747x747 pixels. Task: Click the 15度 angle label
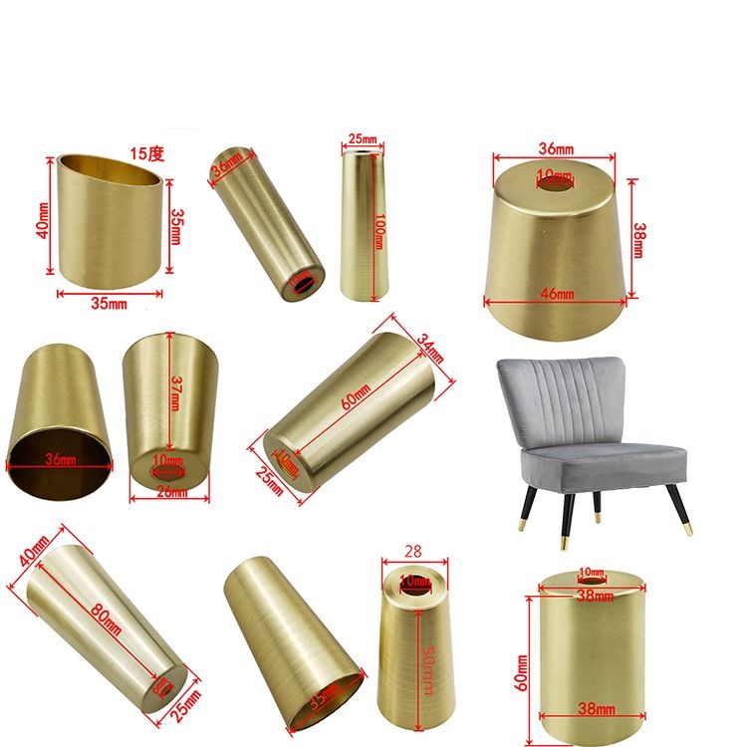[x=147, y=153]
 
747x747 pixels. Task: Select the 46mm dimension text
[x=558, y=294]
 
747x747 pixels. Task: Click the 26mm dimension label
[x=173, y=493]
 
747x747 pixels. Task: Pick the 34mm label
[x=429, y=348]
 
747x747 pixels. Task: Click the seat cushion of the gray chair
[x=588, y=461]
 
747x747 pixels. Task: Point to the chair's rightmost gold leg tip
[x=688, y=525]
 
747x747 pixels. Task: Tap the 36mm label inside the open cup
[x=60, y=461]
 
